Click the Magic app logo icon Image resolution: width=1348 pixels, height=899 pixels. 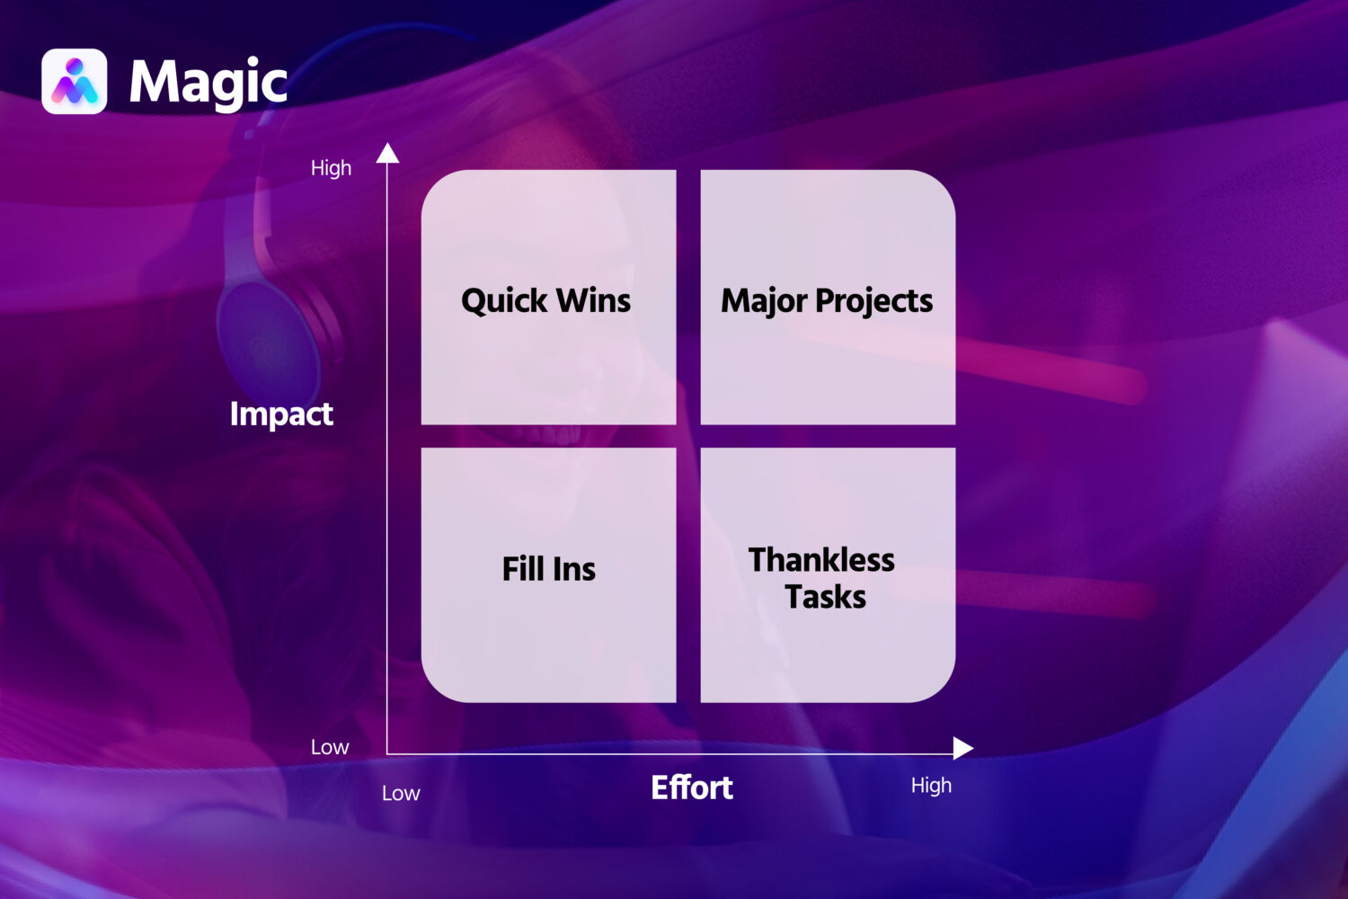click(74, 81)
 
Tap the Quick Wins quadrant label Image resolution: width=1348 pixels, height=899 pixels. click(545, 300)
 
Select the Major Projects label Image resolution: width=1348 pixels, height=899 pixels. click(827, 301)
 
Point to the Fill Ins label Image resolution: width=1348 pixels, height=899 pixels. click(549, 569)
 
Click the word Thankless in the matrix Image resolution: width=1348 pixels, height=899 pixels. click(821, 560)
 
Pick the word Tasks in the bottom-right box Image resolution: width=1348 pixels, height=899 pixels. click(826, 597)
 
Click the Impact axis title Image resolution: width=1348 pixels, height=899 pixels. click(281, 414)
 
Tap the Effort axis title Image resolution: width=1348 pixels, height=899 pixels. click(692, 788)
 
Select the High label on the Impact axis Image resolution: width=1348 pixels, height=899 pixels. click(331, 168)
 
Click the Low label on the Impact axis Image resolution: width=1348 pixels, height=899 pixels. click(330, 747)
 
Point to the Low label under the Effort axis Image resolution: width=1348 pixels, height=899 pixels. click(401, 793)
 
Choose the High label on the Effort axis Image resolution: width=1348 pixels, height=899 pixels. click(932, 786)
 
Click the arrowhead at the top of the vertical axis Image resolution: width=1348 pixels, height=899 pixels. click(387, 153)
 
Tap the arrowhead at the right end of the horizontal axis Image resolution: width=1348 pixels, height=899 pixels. click(962, 748)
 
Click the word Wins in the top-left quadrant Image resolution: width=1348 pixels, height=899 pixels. click(593, 300)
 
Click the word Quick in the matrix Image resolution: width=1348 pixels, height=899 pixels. click(504, 300)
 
